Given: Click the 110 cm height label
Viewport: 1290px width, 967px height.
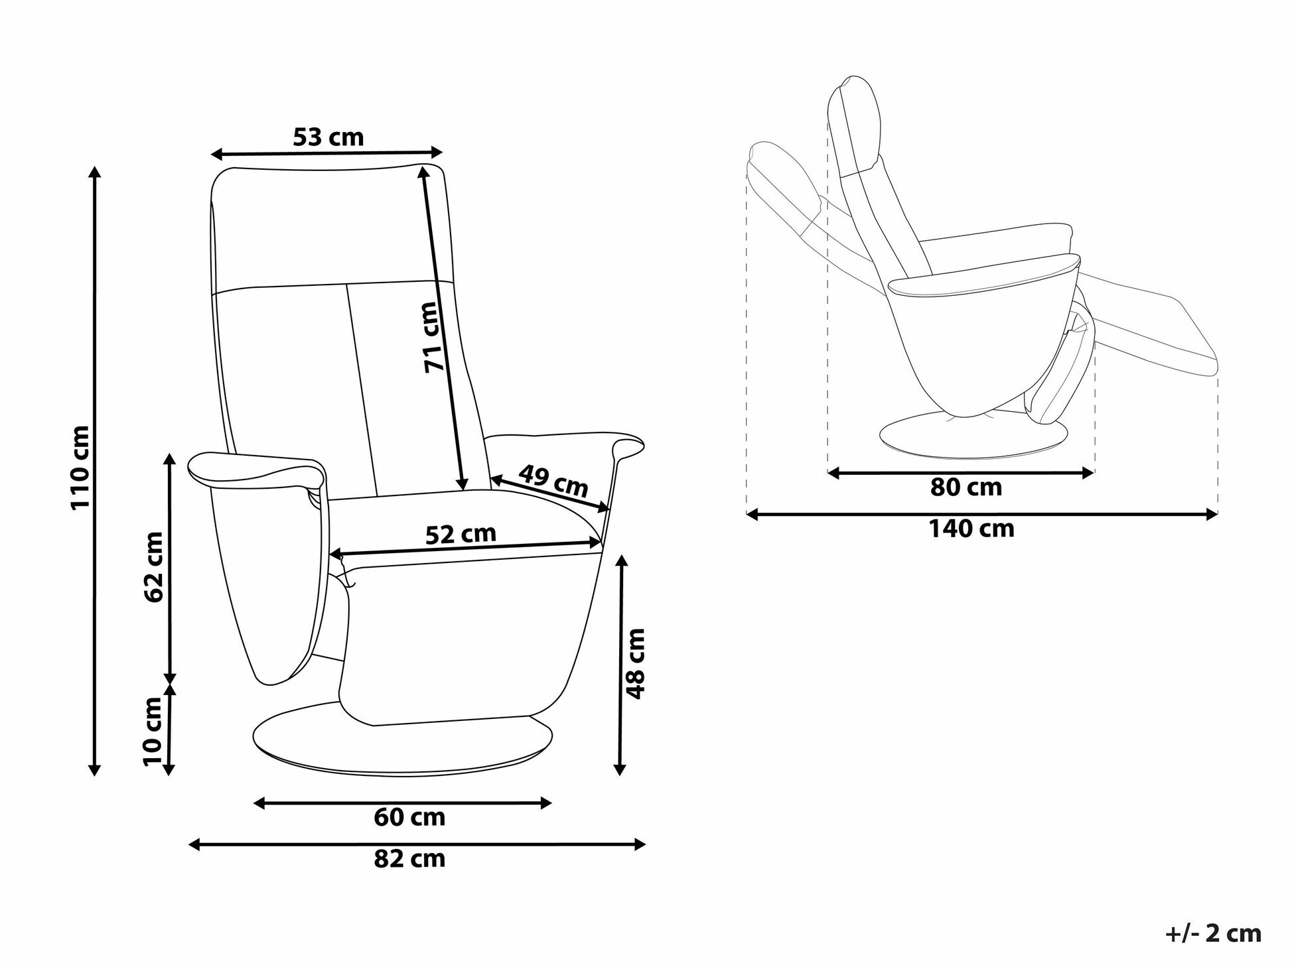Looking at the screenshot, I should click(x=80, y=468).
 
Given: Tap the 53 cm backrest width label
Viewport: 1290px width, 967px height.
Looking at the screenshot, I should click(x=328, y=137).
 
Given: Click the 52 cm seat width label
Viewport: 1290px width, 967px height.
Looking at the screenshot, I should click(x=461, y=534).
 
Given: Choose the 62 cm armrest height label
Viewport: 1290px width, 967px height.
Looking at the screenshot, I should click(x=153, y=566).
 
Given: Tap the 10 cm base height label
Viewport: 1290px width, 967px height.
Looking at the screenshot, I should click(x=153, y=731).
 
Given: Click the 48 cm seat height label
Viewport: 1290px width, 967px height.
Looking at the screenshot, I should click(x=636, y=663).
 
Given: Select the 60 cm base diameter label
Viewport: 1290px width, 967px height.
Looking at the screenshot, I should click(x=409, y=817).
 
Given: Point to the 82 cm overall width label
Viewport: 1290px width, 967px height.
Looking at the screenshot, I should click(x=409, y=859).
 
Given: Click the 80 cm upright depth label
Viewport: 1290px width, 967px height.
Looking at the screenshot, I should click(x=966, y=487).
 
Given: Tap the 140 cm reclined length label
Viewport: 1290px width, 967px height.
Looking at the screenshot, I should click(x=971, y=529).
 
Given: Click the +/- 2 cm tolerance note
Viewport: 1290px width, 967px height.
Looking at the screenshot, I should click(x=1213, y=933).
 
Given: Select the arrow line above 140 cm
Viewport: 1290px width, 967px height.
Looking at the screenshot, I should click(x=982, y=513).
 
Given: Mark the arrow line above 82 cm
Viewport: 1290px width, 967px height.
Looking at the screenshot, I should click(x=417, y=844).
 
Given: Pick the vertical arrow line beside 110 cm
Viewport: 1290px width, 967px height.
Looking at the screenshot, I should click(x=95, y=471).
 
